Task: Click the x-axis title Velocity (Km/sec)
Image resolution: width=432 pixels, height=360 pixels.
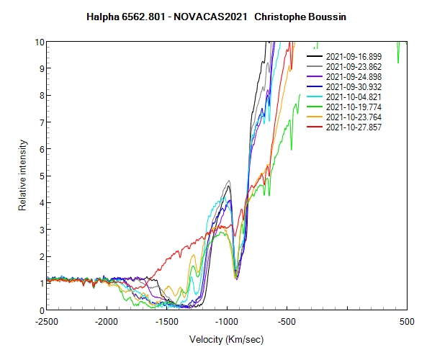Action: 227,339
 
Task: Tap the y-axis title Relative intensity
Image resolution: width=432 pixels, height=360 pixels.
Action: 22,176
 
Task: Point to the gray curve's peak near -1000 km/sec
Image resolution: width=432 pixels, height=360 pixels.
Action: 228,181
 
